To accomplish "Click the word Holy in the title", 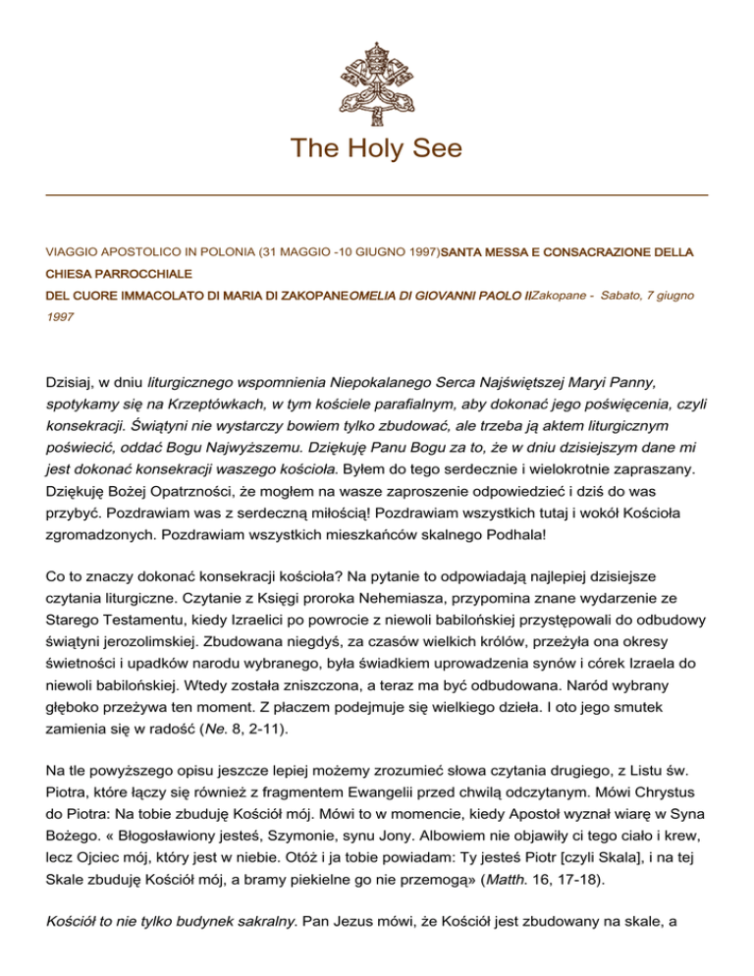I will click(376, 148).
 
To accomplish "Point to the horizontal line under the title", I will click(377, 195).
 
